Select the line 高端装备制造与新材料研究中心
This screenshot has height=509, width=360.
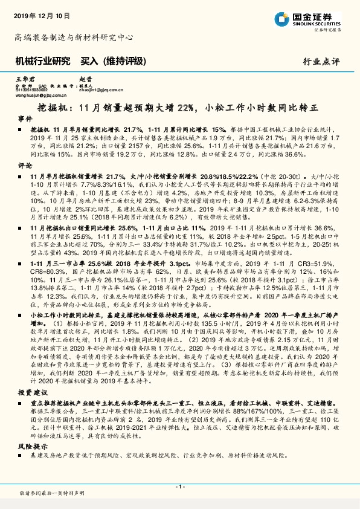coord(74,37)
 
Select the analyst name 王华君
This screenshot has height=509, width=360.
coord(23,79)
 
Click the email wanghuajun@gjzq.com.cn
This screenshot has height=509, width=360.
coord(39,95)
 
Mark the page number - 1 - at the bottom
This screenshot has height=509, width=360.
coord(179,487)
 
